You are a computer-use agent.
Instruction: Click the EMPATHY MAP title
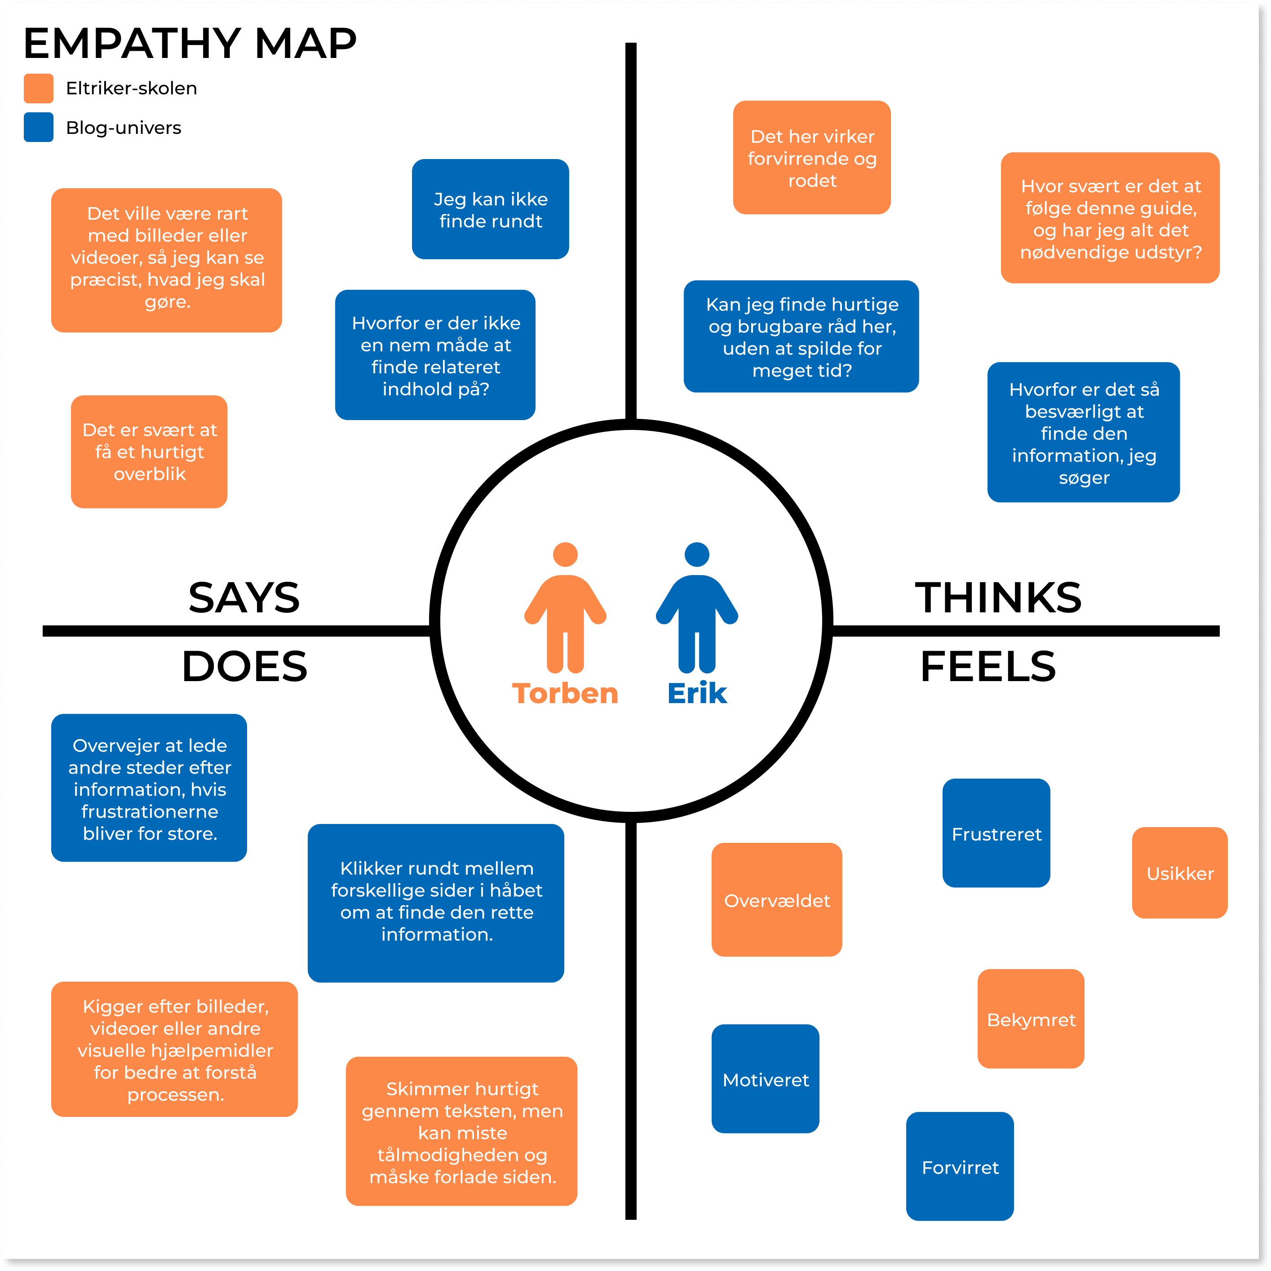pyautogui.click(x=190, y=44)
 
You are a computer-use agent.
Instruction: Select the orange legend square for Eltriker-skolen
pyautogui.click(x=39, y=88)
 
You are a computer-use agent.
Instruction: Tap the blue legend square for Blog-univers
pyautogui.click(x=39, y=127)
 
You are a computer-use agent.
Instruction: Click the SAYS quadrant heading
pyautogui.click(x=244, y=598)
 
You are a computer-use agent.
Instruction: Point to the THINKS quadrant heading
pyautogui.click(x=998, y=598)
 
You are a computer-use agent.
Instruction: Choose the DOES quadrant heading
pyautogui.click(x=244, y=666)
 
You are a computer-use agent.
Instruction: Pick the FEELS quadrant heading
pyautogui.click(x=988, y=666)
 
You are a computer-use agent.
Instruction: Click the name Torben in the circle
pyautogui.click(x=565, y=693)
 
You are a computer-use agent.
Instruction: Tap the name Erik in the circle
pyautogui.click(x=697, y=693)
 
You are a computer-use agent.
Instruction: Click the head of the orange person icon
pyautogui.click(x=565, y=554)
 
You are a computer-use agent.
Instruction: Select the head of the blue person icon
pyautogui.click(x=697, y=554)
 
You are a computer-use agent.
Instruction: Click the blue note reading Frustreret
pyautogui.click(x=996, y=833)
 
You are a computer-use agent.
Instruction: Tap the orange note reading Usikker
pyautogui.click(x=1179, y=872)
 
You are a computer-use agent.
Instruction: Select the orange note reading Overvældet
pyautogui.click(x=777, y=899)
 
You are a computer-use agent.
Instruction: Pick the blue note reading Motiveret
pyautogui.click(x=765, y=1078)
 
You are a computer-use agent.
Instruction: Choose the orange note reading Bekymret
pyautogui.click(x=1031, y=1019)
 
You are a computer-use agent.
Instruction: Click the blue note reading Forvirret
pyautogui.click(x=960, y=1166)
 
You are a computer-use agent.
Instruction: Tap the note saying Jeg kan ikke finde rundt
pyautogui.click(x=490, y=209)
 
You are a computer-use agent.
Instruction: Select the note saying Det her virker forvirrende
pyautogui.click(x=812, y=157)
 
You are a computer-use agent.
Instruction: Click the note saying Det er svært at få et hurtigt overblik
pyautogui.click(x=149, y=451)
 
